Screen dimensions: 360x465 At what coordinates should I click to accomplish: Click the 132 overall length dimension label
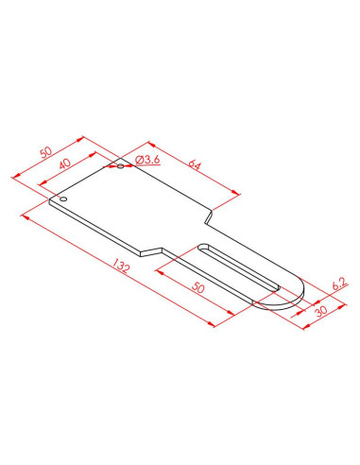[121, 266]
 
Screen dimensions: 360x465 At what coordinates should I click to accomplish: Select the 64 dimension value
[195, 164]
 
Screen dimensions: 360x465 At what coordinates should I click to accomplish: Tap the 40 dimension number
[65, 164]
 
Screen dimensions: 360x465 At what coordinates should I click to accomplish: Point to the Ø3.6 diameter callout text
[147, 160]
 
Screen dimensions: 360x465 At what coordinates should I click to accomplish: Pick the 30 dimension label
[321, 311]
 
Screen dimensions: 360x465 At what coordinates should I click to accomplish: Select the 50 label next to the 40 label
[46, 152]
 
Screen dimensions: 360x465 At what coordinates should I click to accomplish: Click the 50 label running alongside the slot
[198, 287]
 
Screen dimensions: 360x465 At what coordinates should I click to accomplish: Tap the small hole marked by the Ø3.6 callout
[120, 166]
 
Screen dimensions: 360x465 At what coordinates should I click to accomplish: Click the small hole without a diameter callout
[63, 199]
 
